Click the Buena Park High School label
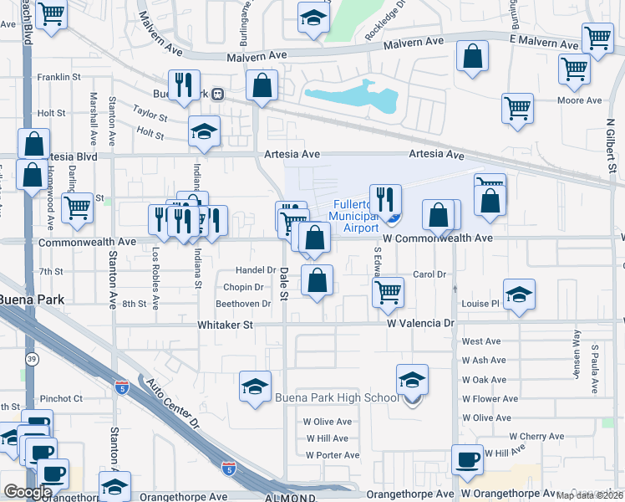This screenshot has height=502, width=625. [x=337, y=397]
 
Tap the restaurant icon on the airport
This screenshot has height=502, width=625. [x=385, y=199]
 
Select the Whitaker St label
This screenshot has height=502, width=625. [x=225, y=325]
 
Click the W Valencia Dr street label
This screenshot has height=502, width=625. [x=420, y=322]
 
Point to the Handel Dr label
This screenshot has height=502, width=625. [x=256, y=270]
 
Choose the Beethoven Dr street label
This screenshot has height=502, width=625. [x=243, y=304]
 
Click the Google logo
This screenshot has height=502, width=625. [x=28, y=492]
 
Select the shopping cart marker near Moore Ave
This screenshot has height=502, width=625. [x=518, y=108]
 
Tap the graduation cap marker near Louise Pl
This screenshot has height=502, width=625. [x=519, y=294]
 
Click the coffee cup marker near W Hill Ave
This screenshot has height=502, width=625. [x=468, y=459]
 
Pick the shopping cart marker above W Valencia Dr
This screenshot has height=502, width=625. [x=387, y=293]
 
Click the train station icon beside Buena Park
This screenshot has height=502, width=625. [x=217, y=94]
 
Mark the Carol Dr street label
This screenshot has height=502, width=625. [x=429, y=274]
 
